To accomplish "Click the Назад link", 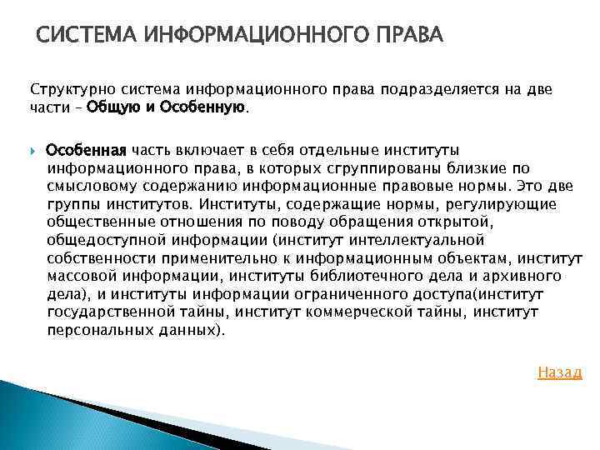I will (559, 372).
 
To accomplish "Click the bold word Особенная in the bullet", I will (86, 151).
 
